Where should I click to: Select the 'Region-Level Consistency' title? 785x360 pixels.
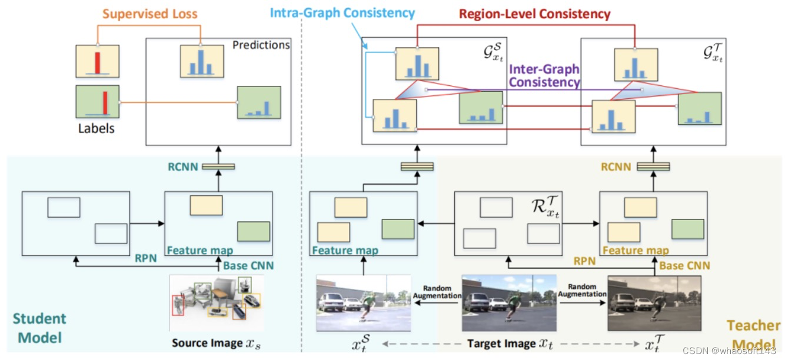coord(534,13)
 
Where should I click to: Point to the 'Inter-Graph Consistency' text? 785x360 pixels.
coord(544,76)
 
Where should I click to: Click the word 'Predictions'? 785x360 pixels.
coord(261,45)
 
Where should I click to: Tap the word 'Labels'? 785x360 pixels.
coord(96,127)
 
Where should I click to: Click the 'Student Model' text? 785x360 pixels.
coord(39,328)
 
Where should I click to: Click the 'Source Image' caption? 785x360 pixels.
coord(215,342)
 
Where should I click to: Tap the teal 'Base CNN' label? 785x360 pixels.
coord(248,265)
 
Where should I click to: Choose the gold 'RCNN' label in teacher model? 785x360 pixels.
coord(616,166)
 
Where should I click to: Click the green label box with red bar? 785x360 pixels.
coord(98,102)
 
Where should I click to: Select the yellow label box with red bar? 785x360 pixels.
coord(97,60)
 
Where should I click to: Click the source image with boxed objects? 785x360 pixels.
coord(216,303)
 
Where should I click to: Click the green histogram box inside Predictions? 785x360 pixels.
coord(259,102)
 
